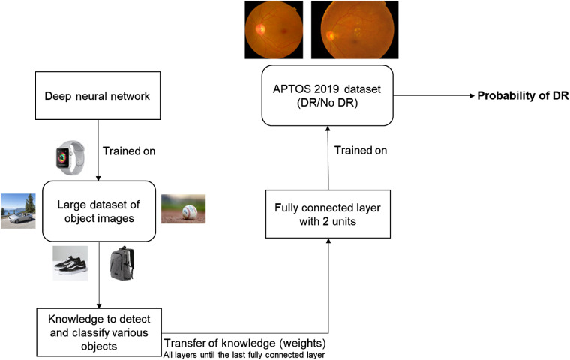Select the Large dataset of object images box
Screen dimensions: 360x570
coord(99,208)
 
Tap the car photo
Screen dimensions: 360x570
coord(18,211)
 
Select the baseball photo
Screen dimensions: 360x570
coord(183,208)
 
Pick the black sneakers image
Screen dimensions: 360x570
coord(70,262)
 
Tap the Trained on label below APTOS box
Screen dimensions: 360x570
coord(361,151)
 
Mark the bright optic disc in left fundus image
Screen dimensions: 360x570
coord(259,29)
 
